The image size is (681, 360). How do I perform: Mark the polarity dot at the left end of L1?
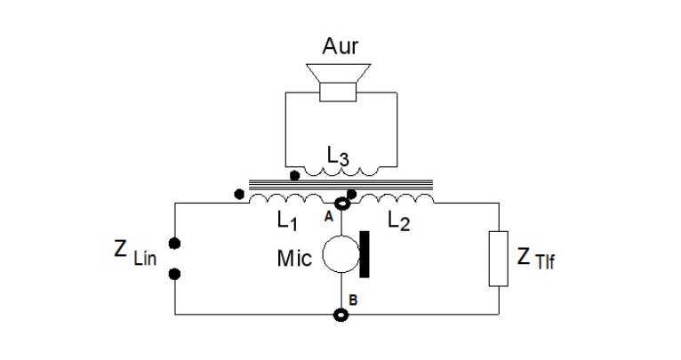[x=237, y=192]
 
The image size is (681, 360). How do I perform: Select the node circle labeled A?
[x=341, y=204]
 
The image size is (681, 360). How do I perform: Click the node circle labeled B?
[x=341, y=314]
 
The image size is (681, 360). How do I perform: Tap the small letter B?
[x=353, y=302]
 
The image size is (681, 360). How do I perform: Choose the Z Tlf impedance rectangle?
[x=498, y=258]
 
